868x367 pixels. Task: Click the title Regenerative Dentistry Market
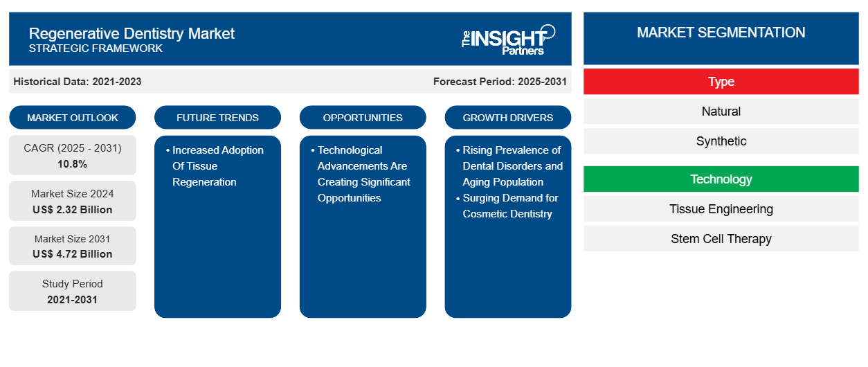coord(132,33)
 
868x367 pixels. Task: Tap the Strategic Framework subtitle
coord(96,48)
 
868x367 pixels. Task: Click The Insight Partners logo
coord(508,39)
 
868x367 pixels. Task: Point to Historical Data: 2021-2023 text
coord(78,82)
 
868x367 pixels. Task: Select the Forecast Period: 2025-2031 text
coord(500,82)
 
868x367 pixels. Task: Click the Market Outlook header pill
coord(73,118)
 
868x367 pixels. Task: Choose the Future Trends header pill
coord(217,118)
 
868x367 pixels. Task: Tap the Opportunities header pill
coord(363,118)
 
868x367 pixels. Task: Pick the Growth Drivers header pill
coord(508,118)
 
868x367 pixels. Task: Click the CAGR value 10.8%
coord(73,164)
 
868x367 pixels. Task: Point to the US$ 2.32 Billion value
coord(73,209)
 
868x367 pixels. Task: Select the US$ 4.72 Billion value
coord(73,254)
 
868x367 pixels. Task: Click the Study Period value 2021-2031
coord(73,299)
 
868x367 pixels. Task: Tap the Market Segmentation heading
coord(721,33)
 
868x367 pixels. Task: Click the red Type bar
coord(721,82)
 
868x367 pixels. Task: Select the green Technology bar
coord(721,179)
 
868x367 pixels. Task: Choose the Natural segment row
coord(721,111)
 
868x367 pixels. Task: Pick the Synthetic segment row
coord(721,141)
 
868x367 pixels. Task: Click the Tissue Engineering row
coord(721,209)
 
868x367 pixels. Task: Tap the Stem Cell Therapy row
coord(721,239)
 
